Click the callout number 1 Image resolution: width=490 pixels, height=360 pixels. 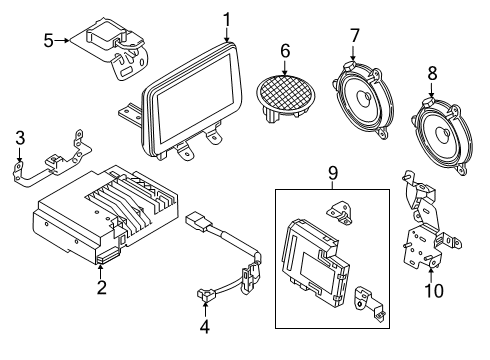pos(227,18)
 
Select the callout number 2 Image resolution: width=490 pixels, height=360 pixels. pos(100,288)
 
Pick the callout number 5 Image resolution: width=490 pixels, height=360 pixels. pos(48,41)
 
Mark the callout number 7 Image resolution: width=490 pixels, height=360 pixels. pos(354,38)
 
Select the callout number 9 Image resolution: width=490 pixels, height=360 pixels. pos(333,173)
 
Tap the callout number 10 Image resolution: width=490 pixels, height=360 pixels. pos(432,291)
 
